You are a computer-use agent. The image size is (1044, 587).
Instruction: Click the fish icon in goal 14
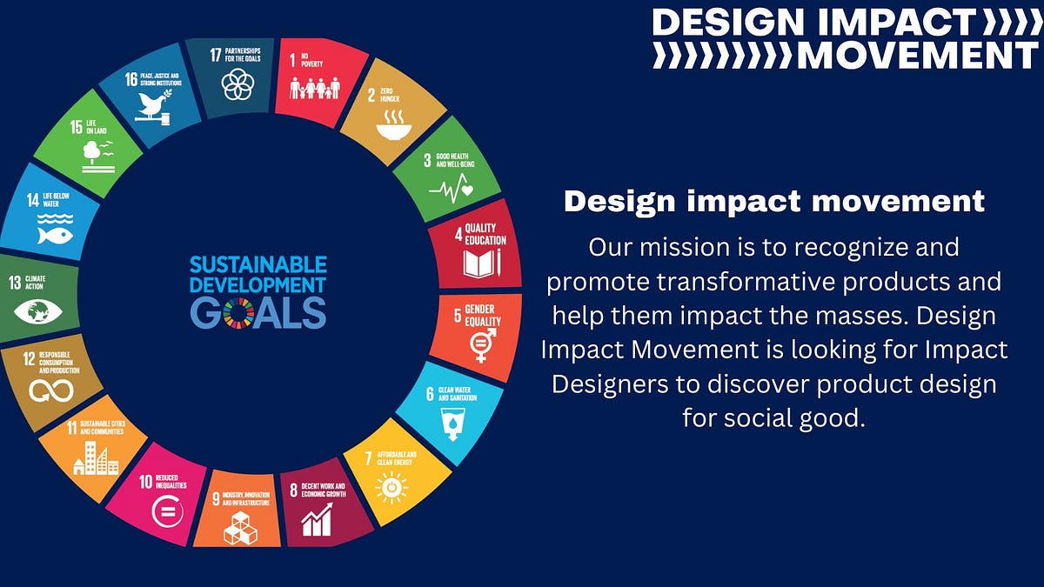pyautogui.click(x=55, y=233)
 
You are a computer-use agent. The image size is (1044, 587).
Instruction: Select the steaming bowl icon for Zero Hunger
pyautogui.click(x=394, y=128)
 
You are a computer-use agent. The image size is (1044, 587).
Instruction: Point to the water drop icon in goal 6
pyautogui.click(x=453, y=420)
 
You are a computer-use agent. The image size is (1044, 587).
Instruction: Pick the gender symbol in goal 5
pyautogui.click(x=482, y=344)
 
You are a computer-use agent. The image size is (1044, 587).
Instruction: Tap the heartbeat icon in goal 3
pyautogui.click(x=451, y=188)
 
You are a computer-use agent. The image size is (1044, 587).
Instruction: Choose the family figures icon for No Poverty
pyautogui.click(x=314, y=88)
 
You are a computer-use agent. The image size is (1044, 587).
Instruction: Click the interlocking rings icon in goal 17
pyautogui.click(x=237, y=84)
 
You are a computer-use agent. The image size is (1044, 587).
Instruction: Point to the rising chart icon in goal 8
pyautogui.click(x=317, y=521)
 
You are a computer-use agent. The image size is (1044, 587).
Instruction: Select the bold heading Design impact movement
pyautogui.click(x=774, y=202)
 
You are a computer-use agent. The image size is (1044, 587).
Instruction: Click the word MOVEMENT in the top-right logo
pyautogui.click(x=918, y=55)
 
